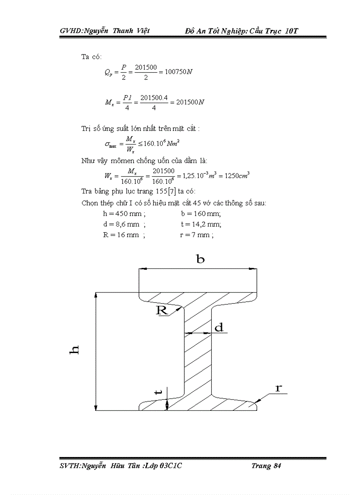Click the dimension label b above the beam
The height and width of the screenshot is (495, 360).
[200, 259]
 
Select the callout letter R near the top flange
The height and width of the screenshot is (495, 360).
[162, 310]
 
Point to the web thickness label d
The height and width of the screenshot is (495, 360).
[219, 328]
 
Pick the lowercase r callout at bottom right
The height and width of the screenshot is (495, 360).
[278, 388]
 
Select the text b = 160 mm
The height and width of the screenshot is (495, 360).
[201, 214]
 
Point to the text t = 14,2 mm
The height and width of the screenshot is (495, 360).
[201, 224]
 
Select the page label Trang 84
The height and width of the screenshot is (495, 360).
[266, 466]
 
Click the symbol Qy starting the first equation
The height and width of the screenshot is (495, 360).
[109, 73]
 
